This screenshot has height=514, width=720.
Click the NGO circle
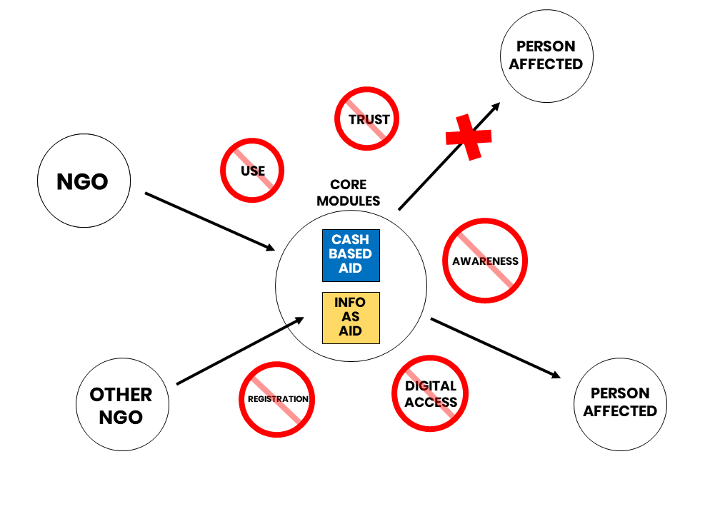click(84, 182)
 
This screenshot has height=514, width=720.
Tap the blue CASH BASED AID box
click(351, 255)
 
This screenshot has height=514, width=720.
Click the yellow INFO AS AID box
click(351, 318)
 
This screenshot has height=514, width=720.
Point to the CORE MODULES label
click(349, 193)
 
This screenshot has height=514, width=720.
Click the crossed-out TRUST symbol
click(367, 119)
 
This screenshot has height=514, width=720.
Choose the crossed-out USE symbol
click(252, 171)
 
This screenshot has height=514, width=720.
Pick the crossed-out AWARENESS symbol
click(485, 261)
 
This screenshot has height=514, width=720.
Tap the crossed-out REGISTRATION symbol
click(277, 398)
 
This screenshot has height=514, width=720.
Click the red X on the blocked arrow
click(469, 136)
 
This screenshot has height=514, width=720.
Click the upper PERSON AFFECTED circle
click(546, 55)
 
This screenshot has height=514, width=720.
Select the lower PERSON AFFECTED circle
click(620, 403)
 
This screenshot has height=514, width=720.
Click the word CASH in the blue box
click(351, 240)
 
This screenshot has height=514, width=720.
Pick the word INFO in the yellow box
click(351, 303)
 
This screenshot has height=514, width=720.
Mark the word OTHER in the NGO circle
click(121, 395)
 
